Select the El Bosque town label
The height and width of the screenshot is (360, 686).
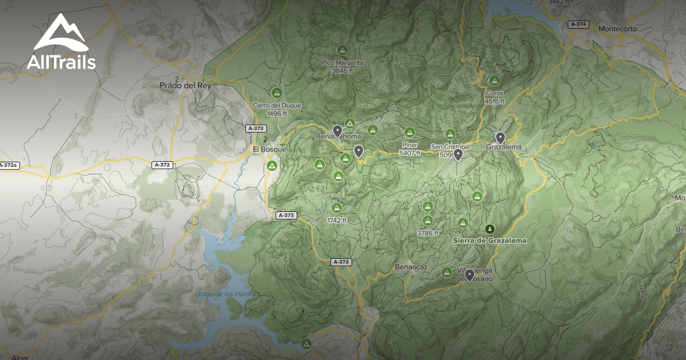(269, 150)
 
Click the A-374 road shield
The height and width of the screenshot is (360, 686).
(579, 25)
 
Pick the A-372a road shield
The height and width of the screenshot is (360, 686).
(8, 165)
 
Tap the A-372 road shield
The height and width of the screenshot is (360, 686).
(162, 165)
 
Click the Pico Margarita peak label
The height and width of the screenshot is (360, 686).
(343, 67)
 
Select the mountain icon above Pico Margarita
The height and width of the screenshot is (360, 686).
(343, 50)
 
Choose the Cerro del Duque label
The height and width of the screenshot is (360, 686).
(269, 109)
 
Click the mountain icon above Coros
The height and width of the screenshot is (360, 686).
(494, 81)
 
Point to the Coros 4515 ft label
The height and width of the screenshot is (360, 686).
(494, 97)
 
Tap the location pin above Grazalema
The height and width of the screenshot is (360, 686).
(500, 137)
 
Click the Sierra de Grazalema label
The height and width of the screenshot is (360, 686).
(489, 241)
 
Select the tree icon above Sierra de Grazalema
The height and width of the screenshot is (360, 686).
(489, 229)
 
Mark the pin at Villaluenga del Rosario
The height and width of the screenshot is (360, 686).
(469, 275)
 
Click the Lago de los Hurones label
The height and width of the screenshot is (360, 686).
(226, 294)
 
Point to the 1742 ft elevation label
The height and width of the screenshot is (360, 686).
(337, 220)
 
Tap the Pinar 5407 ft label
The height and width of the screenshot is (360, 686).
(409, 149)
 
